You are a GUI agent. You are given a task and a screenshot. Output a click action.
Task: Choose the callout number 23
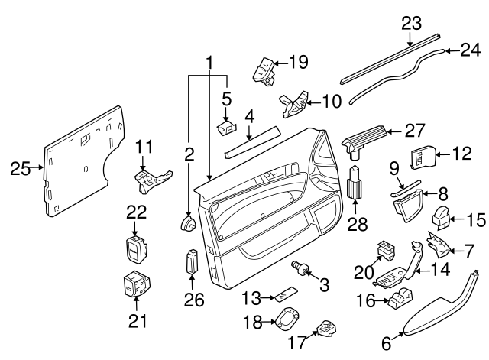tap(411, 24)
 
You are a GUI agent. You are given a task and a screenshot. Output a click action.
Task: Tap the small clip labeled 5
tap(226, 127)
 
